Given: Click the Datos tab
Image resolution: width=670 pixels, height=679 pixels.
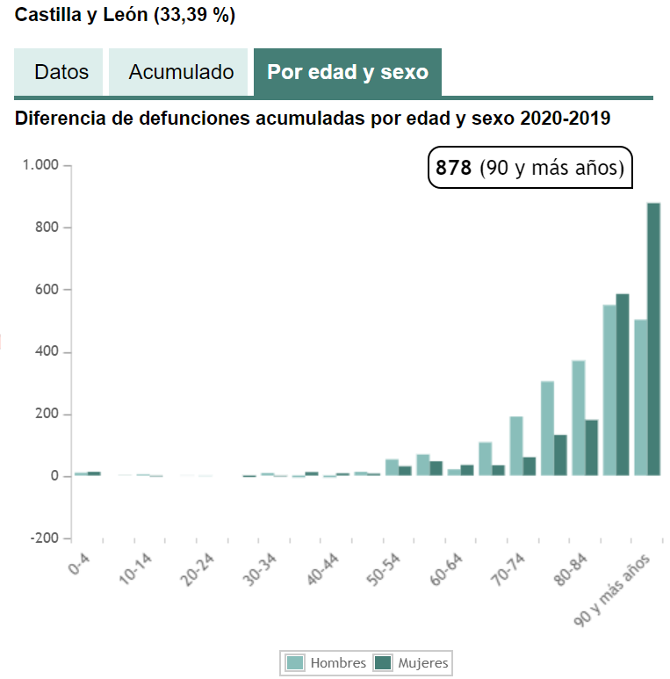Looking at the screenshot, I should click(x=61, y=72).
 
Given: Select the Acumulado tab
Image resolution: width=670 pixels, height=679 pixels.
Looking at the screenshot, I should click(x=181, y=72).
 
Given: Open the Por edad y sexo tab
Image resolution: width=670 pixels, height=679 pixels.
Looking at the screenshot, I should click(x=348, y=72).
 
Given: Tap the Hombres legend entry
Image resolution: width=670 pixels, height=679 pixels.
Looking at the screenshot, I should click(x=328, y=663).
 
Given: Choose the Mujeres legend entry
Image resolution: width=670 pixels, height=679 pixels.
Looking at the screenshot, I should click(x=413, y=663).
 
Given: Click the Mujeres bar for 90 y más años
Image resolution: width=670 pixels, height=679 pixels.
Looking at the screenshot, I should click(x=653, y=339).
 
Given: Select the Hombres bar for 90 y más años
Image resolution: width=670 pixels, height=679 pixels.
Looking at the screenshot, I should click(x=640, y=397).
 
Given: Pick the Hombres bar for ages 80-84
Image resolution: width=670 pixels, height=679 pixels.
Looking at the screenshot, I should click(x=578, y=418).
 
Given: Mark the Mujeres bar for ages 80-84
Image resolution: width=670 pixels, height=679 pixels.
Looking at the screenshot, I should click(x=591, y=448).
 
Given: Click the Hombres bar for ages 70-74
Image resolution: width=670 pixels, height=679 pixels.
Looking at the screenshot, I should click(x=516, y=446).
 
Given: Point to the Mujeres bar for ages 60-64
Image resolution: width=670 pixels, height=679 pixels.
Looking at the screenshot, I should click(x=467, y=471).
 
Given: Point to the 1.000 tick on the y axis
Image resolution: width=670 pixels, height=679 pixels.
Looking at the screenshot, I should click(x=40, y=165).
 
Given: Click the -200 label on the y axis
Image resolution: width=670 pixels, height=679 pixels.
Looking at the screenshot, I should click(x=43, y=538).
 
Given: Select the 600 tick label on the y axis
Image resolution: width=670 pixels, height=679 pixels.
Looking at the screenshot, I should click(x=46, y=290).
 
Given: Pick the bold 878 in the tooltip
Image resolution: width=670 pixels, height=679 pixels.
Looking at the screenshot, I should click(x=454, y=168).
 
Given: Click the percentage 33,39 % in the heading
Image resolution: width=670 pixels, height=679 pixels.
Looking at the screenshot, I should click(x=193, y=16).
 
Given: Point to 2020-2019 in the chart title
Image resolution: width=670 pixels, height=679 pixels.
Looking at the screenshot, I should click(x=565, y=118).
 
